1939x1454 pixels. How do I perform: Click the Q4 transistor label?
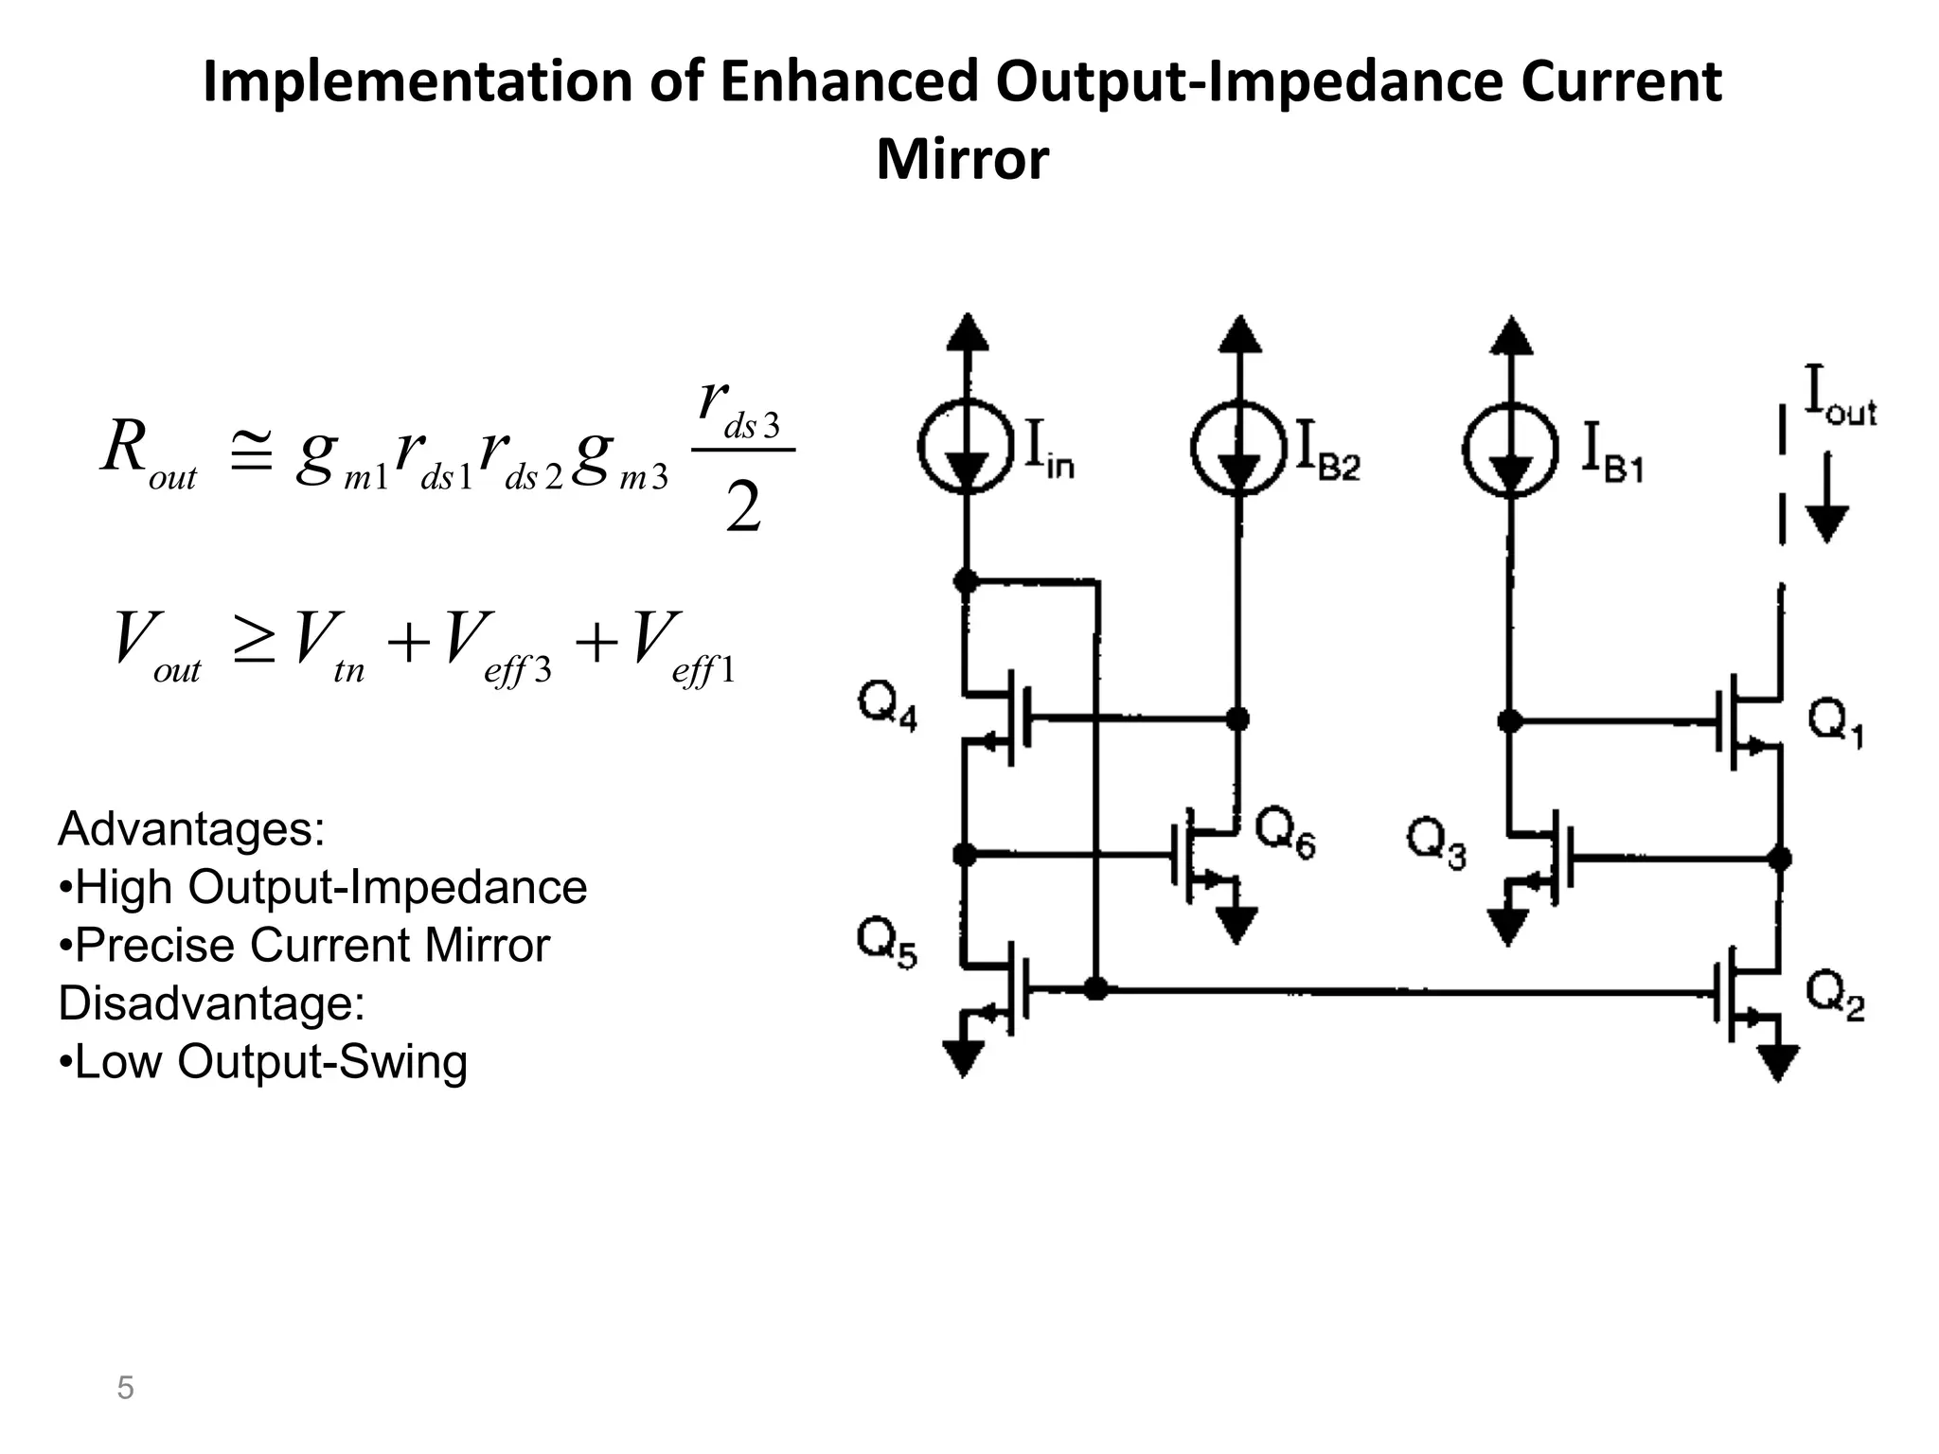tap(887, 706)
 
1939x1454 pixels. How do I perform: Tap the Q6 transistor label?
tap(1285, 835)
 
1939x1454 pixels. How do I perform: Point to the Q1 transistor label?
tap(1835, 725)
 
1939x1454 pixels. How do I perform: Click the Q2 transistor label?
tap(1834, 997)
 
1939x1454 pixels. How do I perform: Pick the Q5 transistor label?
tap(886, 944)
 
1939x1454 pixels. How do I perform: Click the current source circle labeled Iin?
tap(966, 448)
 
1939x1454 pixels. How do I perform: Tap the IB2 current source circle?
tap(1238, 448)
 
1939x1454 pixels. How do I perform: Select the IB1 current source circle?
tap(1510, 448)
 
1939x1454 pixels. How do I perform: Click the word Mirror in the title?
tap(962, 159)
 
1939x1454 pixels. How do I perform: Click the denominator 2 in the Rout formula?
tap(743, 508)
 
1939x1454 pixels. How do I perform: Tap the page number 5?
tap(125, 1388)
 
